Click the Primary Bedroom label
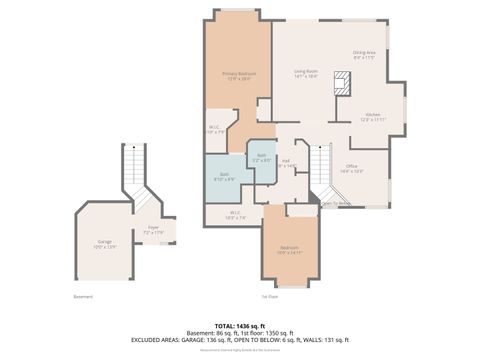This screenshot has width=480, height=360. pyautogui.click(x=238, y=75)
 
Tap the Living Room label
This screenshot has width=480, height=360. pyautogui.click(x=305, y=73)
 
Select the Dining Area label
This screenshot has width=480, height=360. pyautogui.click(x=363, y=55)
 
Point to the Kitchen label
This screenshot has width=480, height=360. pyautogui.click(x=372, y=116)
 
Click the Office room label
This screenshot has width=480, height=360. pyautogui.click(x=351, y=168)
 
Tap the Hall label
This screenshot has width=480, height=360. pyautogui.click(x=286, y=163)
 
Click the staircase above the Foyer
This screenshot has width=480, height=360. pyautogui.click(x=133, y=170)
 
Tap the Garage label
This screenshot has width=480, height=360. pyautogui.click(x=105, y=243)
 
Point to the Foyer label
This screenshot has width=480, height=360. pyautogui.click(x=153, y=229)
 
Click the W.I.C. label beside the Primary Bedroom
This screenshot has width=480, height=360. pyautogui.click(x=214, y=128)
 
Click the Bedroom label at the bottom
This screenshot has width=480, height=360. pyautogui.click(x=287, y=249)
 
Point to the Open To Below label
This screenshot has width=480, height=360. pyautogui.click(x=335, y=204)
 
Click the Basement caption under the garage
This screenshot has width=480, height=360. pyautogui.click(x=83, y=296)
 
